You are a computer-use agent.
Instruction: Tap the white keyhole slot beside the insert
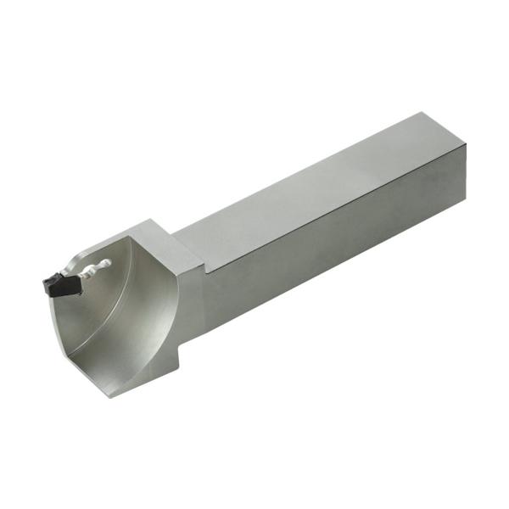tap(94, 269)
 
